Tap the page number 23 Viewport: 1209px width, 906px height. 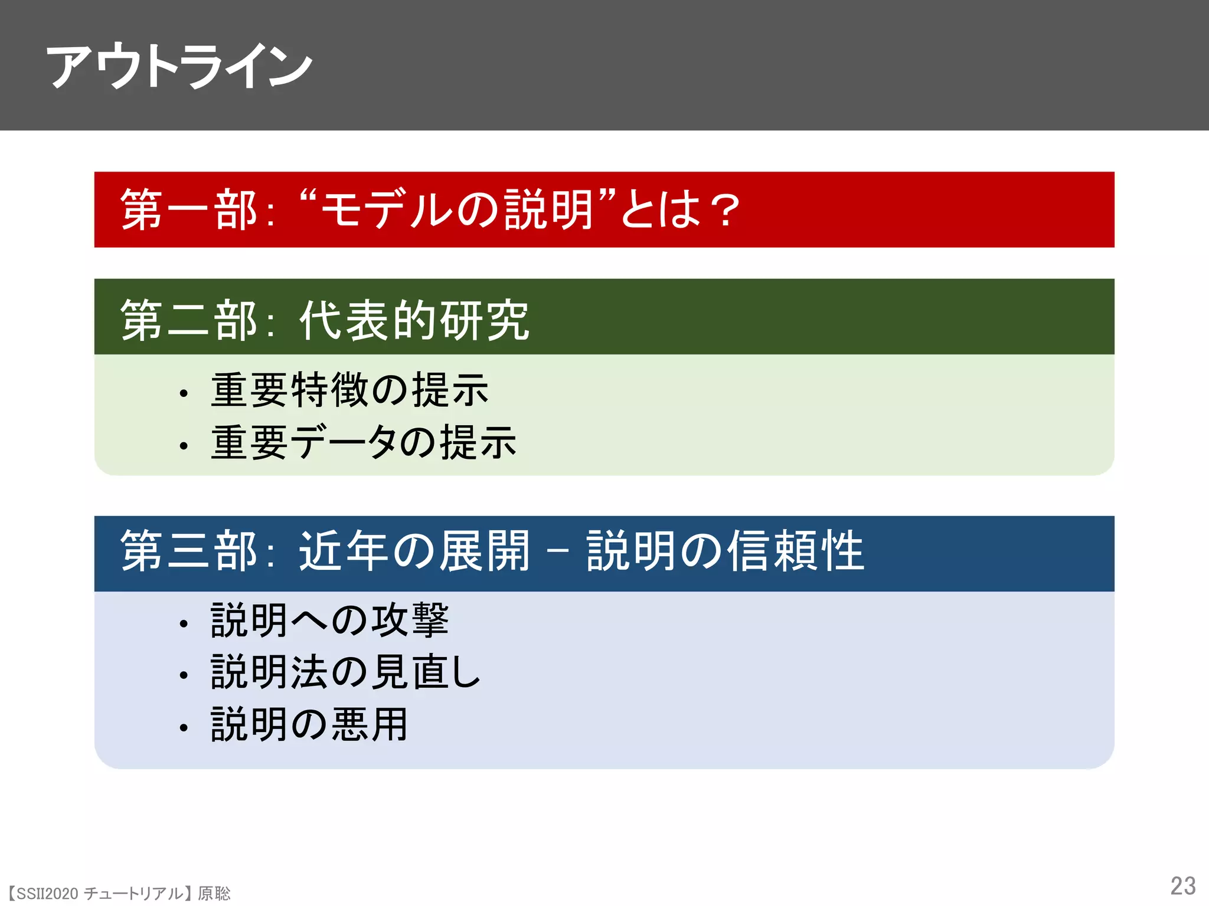pos(1182,886)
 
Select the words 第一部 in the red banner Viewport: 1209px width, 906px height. pos(189,210)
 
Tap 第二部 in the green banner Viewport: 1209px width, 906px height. pos(189,320)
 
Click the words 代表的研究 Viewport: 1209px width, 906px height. pos(414,320)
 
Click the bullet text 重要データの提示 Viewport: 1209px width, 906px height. pos(364,442)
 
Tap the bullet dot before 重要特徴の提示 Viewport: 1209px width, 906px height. pos(184,393)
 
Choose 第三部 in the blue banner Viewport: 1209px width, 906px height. pos(189,550)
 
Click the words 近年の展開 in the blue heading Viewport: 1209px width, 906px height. pos(414,550)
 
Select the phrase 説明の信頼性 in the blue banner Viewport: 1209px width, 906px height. pos(725,550)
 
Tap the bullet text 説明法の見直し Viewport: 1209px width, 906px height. pos(346,672)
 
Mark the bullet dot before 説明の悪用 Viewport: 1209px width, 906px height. pos(184,728)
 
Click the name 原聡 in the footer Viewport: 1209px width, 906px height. pos(214,894)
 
